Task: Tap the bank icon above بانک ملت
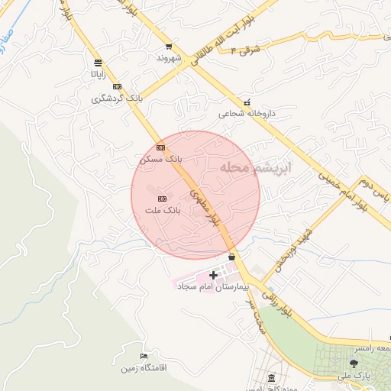pos(161,199)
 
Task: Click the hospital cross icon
pos(213,275)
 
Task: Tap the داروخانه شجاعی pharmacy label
pos(246,113)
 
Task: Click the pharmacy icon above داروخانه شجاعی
pos(246,102)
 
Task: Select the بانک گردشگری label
pos(117,99)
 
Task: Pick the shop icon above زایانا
pos(98,63)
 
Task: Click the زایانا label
pos(98,75)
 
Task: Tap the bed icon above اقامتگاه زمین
pos(144,357)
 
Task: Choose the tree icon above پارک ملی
pos(353,364)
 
